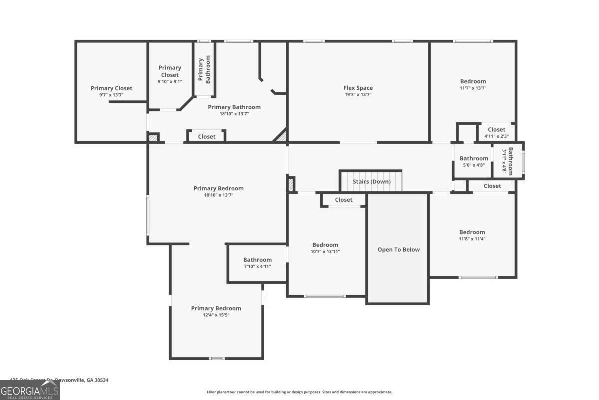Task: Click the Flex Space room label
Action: point(358,88)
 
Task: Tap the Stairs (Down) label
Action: point(372,182)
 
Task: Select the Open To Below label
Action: point(398,250)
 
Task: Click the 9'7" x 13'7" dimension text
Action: point(111,95)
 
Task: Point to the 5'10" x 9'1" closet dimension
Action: point(170,82)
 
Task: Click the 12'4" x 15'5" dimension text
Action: point(216,315)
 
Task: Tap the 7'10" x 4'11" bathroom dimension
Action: point(257,267)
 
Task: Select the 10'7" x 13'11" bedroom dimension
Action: point(325,252)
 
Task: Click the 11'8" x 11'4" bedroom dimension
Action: point(472,239)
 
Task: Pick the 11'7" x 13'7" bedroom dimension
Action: point(473,88)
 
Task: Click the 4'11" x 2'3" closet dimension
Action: point(496,136)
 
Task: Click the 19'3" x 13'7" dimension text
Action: point(358,95)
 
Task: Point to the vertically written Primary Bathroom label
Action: point(204,70)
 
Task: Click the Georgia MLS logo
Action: point(30,390)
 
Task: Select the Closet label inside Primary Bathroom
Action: point(207,137)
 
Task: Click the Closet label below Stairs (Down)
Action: point(343,200)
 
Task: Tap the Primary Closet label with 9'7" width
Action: point(111,88)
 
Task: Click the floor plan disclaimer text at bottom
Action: point(299,392)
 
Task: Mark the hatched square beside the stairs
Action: point(290,184)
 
